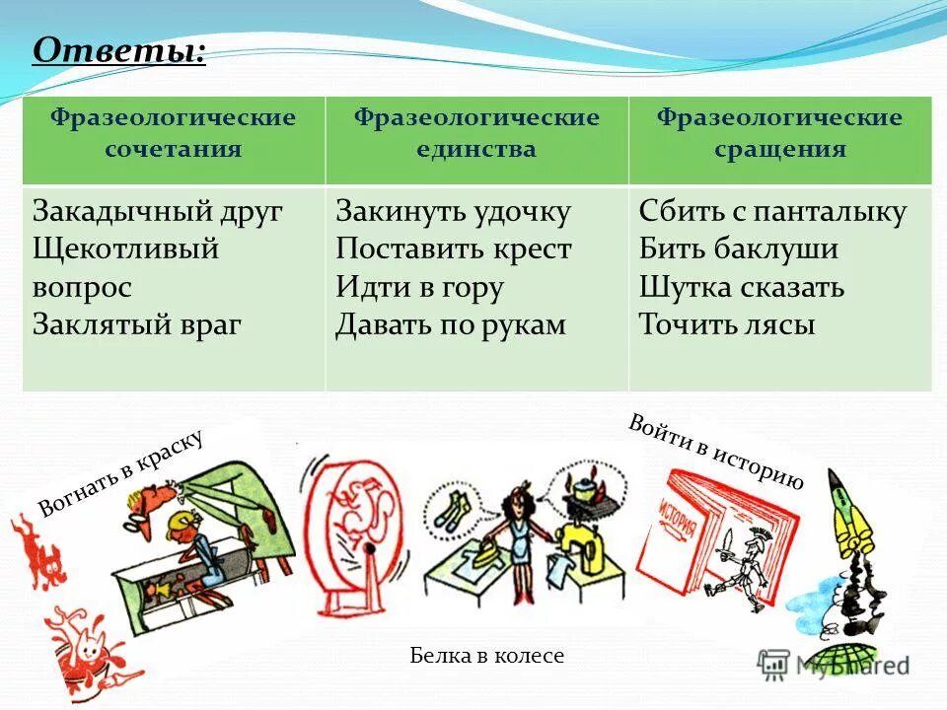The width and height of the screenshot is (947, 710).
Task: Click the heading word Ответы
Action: pos(119,49)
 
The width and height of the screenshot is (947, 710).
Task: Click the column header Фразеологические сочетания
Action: pos(174,134)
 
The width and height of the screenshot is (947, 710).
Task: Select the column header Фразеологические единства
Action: pos(476,134)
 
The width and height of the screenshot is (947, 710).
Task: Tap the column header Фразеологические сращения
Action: pos(779,134)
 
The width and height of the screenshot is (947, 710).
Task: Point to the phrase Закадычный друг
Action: pos(158,212)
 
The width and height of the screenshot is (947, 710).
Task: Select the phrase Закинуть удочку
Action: pos(453,212)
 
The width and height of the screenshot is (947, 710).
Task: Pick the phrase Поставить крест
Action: pos(453,249)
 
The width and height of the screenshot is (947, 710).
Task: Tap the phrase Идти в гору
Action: pos(419,287)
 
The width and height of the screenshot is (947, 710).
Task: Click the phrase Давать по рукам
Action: pos(451,324)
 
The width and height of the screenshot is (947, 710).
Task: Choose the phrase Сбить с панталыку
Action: pos(772,212)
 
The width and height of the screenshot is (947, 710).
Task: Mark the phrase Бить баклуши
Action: pos(738,249)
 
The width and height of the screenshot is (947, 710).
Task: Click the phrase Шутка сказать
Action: pos(741,287)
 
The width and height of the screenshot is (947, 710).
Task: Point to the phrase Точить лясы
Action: pos(727,324)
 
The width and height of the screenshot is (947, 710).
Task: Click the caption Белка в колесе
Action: pos(486,656)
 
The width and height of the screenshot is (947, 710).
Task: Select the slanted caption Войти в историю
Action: pos(715,453)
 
